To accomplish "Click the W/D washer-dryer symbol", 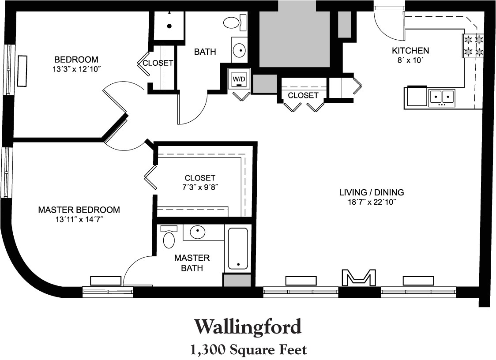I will pos(239,80).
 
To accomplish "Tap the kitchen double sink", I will pos(442,97).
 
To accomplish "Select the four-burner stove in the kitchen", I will pos(473,46).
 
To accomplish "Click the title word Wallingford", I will pos(248,327).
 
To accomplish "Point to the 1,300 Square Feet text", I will pos(248,350).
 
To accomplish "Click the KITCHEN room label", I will pos(410,50).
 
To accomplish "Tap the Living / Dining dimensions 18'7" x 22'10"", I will pos(372,202).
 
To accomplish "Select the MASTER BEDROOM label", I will pos(79,210).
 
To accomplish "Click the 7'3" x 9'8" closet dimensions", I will pos(200,187).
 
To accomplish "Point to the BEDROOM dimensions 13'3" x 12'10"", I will pos(76,69).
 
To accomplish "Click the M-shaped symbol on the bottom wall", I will pos(359,277).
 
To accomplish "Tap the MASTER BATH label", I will pos(192,262).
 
